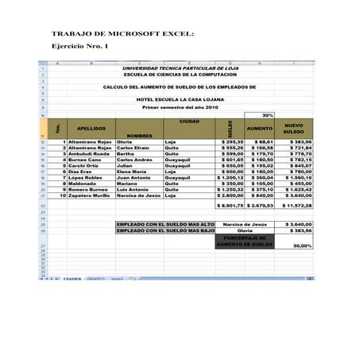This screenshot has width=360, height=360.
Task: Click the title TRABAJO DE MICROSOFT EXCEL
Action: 122,35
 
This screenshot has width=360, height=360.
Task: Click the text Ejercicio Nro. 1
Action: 79,48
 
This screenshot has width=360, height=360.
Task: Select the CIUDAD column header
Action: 189,121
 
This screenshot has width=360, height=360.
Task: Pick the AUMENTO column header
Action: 259,128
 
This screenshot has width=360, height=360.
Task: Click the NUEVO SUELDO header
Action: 294,129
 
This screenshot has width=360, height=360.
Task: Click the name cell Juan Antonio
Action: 134,177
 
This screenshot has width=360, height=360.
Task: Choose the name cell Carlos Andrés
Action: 134,159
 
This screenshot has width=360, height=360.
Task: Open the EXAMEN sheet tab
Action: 72,280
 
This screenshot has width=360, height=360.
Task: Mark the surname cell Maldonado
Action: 83,184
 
